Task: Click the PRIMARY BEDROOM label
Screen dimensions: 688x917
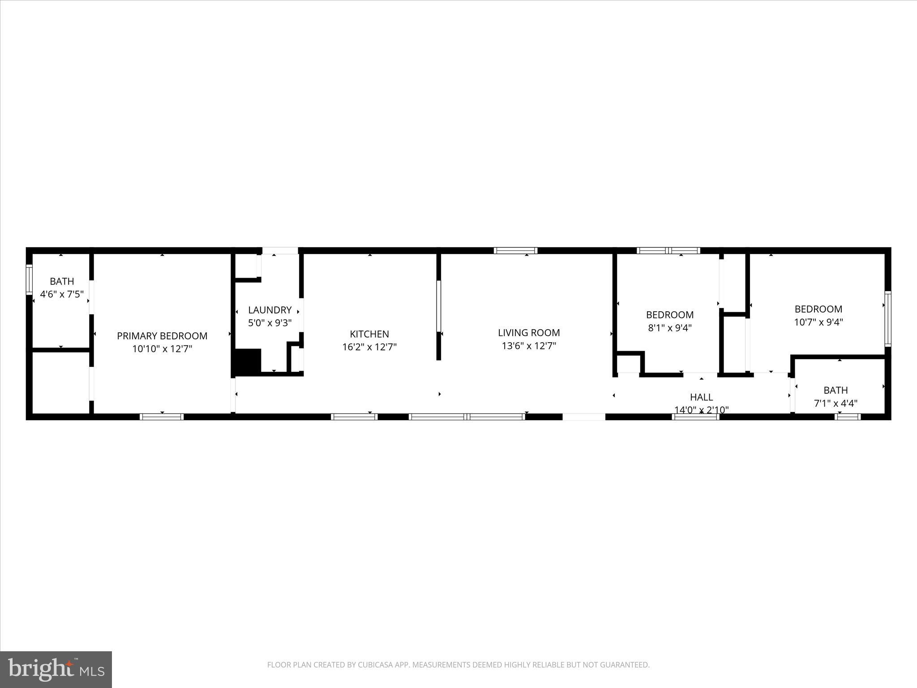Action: pos(162,336)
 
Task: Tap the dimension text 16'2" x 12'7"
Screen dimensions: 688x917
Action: pos(369,347)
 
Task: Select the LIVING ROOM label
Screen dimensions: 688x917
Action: pos(529,333)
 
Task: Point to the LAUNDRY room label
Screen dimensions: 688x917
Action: pos(270,310)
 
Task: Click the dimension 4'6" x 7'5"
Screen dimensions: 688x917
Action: pos(62,295)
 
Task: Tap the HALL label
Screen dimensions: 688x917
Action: pos(701,397)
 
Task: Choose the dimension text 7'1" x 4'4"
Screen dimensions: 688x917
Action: pos(835,404)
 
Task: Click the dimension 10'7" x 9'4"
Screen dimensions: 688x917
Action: pos(818,322)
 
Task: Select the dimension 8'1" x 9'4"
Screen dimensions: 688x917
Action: pos(669,328)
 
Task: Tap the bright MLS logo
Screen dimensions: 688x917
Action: pos(56,669)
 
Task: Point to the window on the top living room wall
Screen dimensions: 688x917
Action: pos(515,251)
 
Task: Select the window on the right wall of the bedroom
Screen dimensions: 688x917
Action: pos(887,318)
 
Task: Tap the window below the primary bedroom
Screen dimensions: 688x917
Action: pos(162,417)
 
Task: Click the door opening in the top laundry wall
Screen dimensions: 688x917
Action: pos(280,251)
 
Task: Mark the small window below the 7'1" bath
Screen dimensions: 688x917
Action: pos(848,417)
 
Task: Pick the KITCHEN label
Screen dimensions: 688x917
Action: pos(369,334)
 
